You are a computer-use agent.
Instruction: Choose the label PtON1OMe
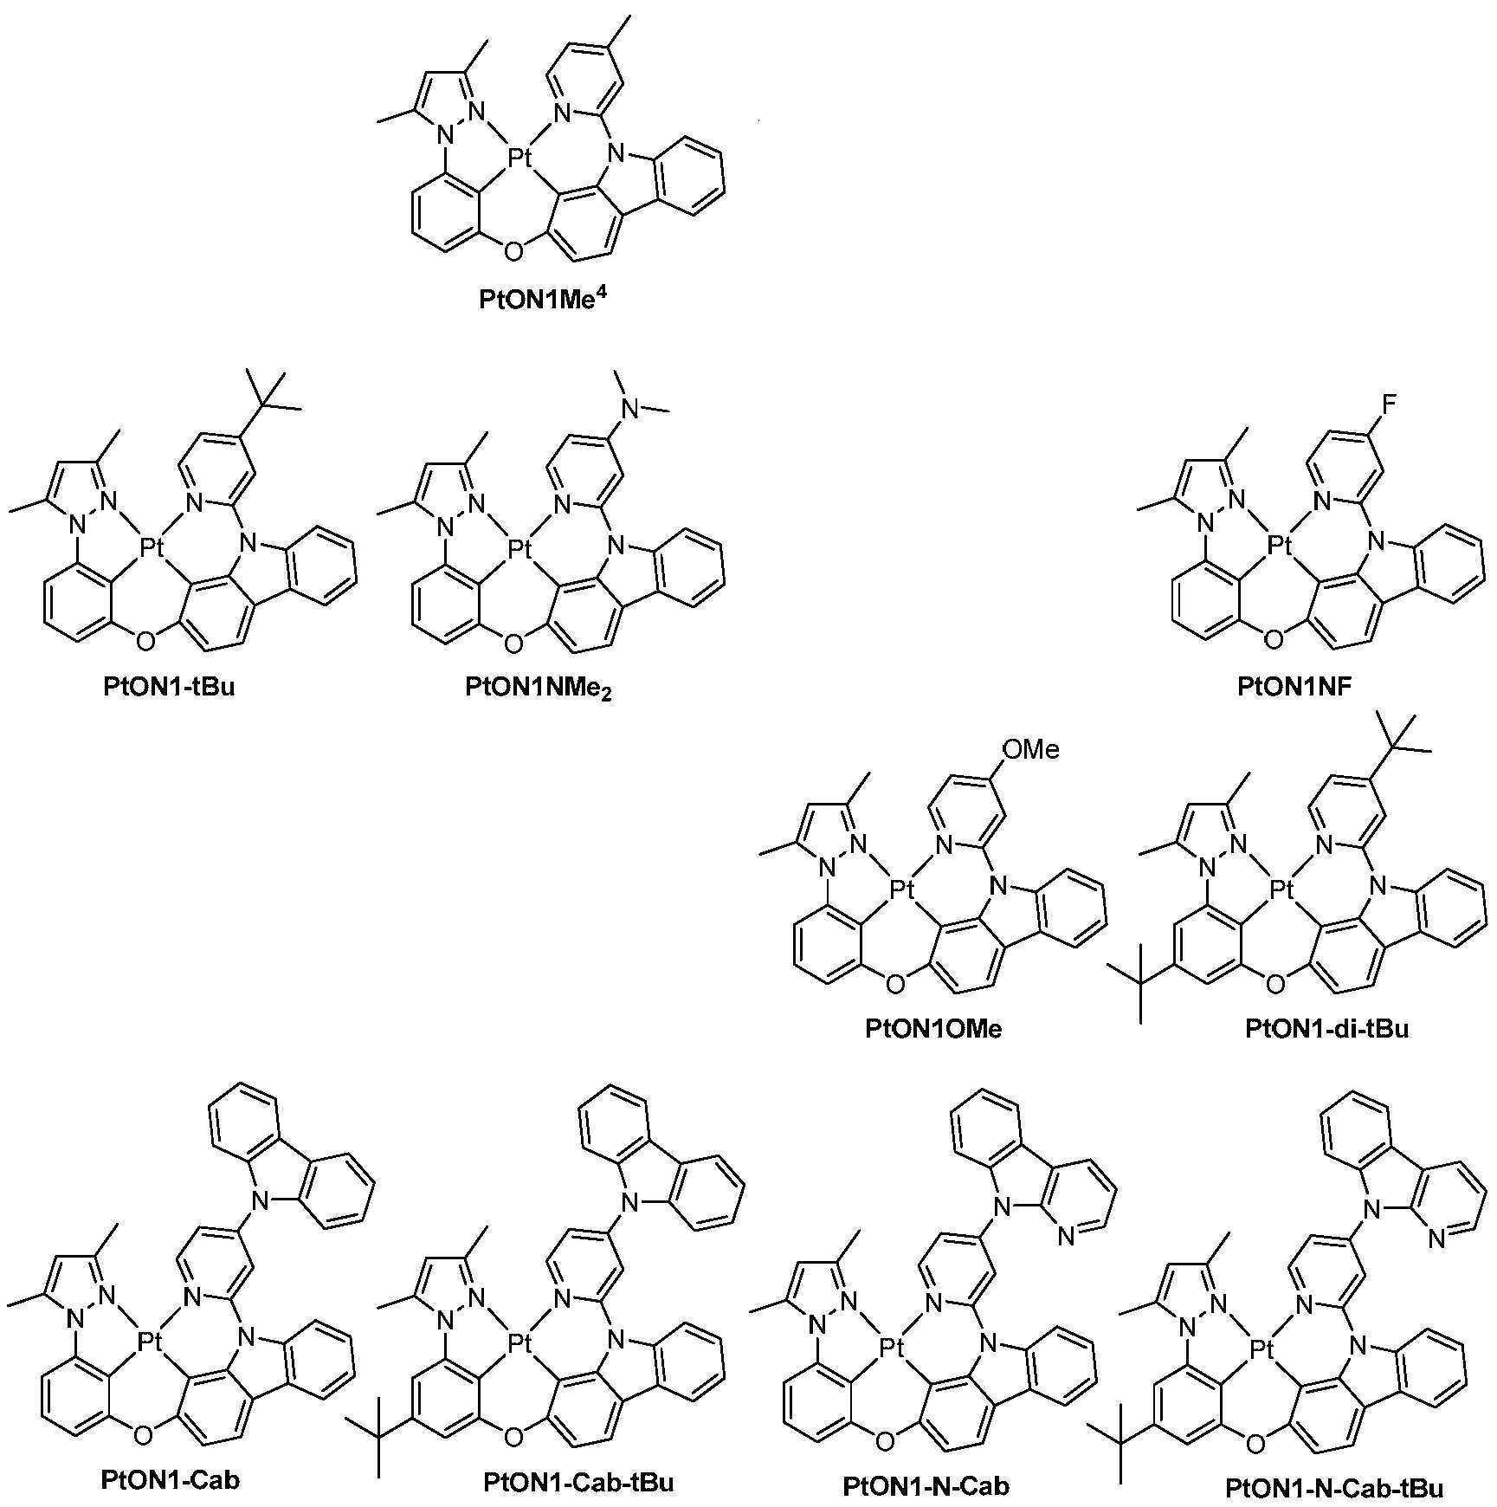(x=933, y=1028)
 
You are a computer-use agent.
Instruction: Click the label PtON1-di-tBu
(x=1327, y=1028)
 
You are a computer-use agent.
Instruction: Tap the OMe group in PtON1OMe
(x=1030, y=749)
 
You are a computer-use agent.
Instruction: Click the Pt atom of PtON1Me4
(x=519, y=158)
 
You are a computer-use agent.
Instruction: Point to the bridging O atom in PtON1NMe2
(x=513, y=643)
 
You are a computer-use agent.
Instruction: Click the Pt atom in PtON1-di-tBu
(x=1281, y=888)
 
